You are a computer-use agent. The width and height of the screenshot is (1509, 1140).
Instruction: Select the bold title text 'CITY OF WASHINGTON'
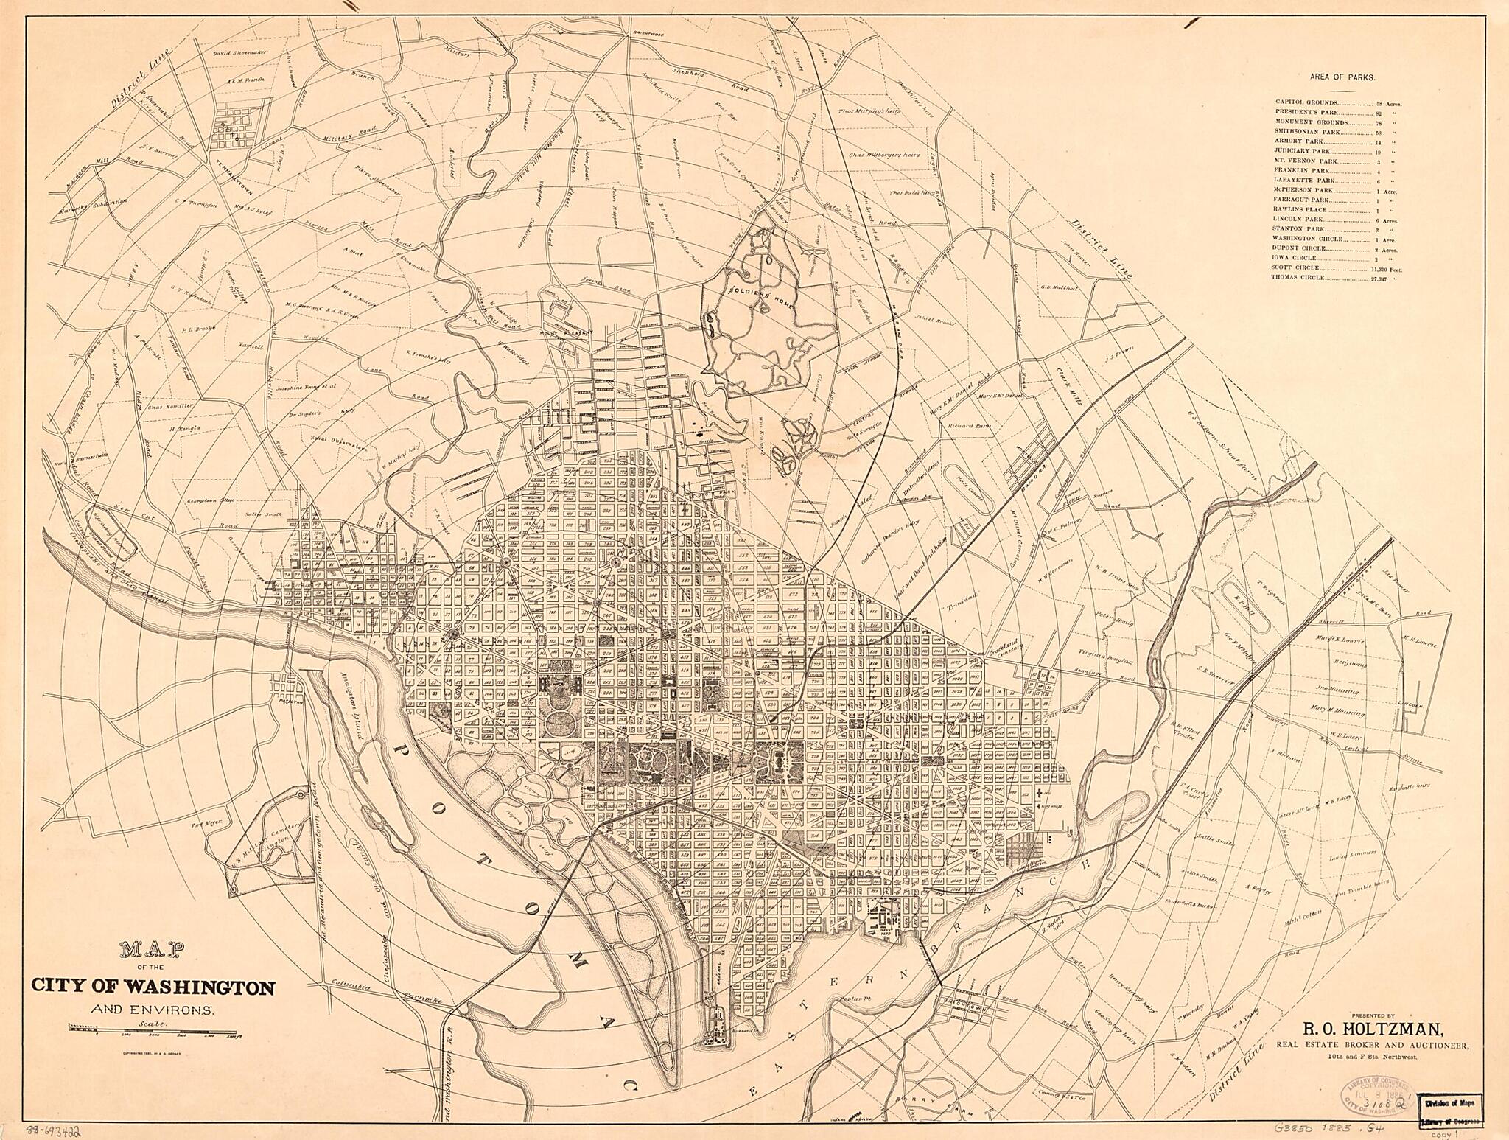pos(153,987)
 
